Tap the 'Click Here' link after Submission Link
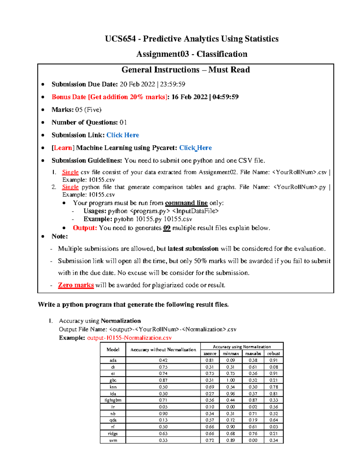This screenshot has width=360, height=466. (x=123, y=135)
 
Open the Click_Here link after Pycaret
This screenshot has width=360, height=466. (x=195, y=148)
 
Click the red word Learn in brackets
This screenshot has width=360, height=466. (x=63, y=148)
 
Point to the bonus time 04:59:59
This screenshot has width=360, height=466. (x=225, y=97)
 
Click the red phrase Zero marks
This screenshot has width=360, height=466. (x=76, y=285)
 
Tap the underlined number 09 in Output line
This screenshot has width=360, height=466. (x=167, y=228)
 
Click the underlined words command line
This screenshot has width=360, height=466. (x=186, y=203)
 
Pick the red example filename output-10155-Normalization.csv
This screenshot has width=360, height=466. (x=129, y=338)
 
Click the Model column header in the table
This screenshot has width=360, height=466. (x=113, y=350)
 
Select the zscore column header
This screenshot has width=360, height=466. (x=210, y=353)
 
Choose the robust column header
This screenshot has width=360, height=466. (x=274, y=353)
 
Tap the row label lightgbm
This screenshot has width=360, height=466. (x=113, y=400)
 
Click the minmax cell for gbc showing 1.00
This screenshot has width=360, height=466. (x=230, y=380)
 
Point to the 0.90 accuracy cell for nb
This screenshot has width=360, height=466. (x=163, y=413)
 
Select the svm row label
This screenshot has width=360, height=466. (x=113, y=440)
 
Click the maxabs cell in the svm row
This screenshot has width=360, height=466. (x=253, y=440)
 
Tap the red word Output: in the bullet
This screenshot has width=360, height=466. (x=85, y=228)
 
